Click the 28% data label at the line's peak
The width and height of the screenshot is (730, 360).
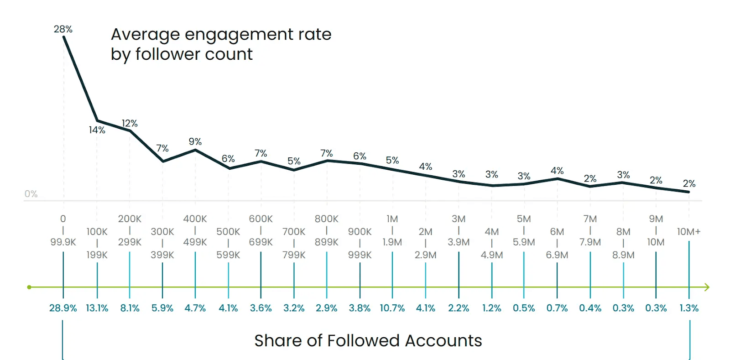[63, 29]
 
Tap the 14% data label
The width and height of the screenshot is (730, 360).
[97, 130]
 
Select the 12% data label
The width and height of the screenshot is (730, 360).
[130, 123]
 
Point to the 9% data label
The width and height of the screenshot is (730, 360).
[195, 141]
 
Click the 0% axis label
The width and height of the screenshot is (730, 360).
[31, 194]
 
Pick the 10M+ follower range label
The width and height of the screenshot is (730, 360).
[688, 232]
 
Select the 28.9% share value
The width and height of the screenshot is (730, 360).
[63, 308]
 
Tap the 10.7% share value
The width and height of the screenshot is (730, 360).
[392, 308]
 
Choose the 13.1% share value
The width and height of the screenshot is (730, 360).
[97, 308]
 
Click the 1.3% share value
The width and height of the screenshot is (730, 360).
[688, 308]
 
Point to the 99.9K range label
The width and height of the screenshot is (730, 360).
[63, 242]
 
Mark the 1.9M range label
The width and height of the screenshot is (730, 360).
[392, 242]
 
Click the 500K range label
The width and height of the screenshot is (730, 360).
[228, 232]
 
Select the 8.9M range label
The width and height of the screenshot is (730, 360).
[623, 255]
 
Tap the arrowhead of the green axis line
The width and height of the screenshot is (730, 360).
[707, 287]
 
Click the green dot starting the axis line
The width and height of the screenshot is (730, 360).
[29, 287]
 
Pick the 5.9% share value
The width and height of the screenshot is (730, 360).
[162, 308]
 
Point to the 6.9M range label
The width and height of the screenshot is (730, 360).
[557, 255]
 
